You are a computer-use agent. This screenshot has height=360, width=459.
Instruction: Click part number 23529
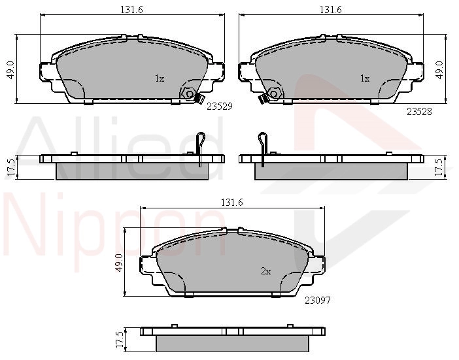pos(220,106)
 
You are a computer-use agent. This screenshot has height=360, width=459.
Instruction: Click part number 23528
pos(419,112)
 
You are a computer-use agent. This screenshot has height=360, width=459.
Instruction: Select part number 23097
pos(318,301)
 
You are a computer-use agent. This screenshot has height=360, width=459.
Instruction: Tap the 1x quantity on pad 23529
pos(160,78)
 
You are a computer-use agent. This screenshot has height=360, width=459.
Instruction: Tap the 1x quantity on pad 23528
pos(365,78)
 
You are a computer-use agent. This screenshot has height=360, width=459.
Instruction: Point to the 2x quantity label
pos(266,271)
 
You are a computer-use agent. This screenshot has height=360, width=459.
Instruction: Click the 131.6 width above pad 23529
pos(131,10)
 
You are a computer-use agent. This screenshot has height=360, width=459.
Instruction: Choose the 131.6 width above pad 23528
pos(330,10)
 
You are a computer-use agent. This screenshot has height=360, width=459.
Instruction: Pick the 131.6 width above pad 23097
pos(232,203)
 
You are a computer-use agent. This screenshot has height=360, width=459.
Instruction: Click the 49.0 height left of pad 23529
pos(11,70)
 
